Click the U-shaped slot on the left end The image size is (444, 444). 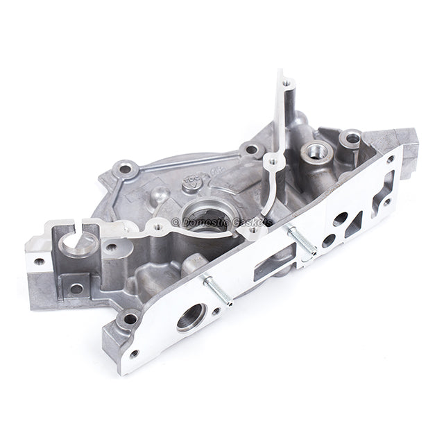coord(79,243)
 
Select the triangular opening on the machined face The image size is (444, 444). coord(355,223)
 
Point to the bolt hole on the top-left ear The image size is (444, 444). coord(125,168)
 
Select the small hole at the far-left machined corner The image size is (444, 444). coord(40,262)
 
